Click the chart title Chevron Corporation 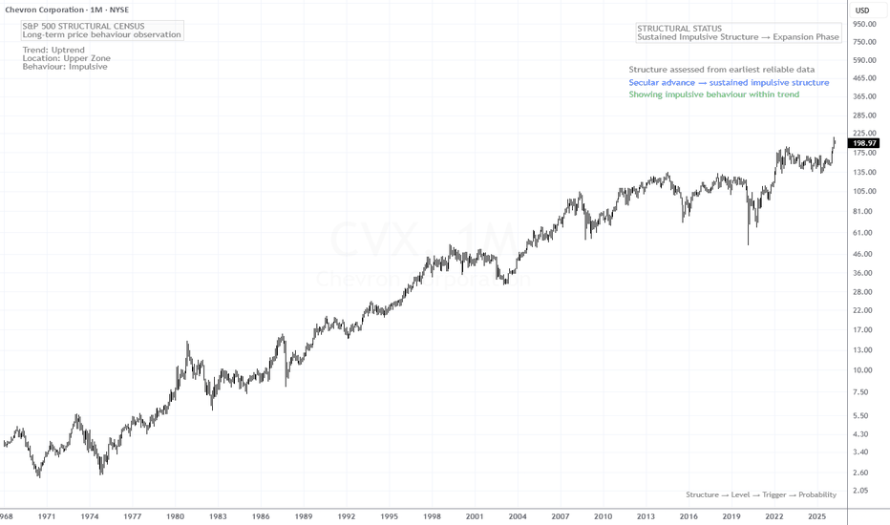point(44,10)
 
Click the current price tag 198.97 point(864,143)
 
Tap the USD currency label point(862,10)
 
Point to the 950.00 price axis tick point(864,24)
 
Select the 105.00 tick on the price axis point(864,191)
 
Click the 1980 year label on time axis point(175,516)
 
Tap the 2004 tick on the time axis point(517,516)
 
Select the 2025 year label point(816,516)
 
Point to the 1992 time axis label point(347,516)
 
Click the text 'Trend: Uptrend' point(53,50)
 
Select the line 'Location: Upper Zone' point(67,58)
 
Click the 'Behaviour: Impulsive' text point(65,67)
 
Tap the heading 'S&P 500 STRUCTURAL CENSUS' point(83,26)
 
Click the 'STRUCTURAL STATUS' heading point(679,29)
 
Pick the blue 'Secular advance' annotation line point(729,83)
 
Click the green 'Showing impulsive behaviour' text point(713,94)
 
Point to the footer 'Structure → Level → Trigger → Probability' point(761,494)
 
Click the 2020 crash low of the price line point(748,244)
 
